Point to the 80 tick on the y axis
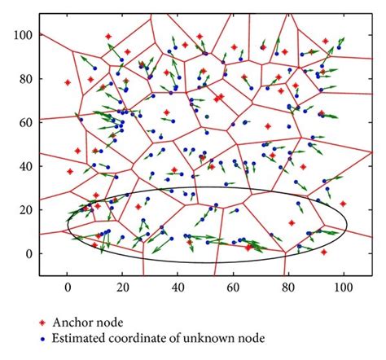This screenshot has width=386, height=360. click(27, 79)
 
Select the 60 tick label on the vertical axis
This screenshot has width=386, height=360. click(27, 122)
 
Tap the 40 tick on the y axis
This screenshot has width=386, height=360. click(27, 166)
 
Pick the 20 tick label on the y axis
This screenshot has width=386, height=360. click(27, 209)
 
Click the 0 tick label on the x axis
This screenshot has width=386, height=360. click(68, 288)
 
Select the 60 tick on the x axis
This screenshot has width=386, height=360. click(233, 288)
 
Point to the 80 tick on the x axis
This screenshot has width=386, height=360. click(288, 288)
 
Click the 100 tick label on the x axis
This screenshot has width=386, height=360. click(343, 288)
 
